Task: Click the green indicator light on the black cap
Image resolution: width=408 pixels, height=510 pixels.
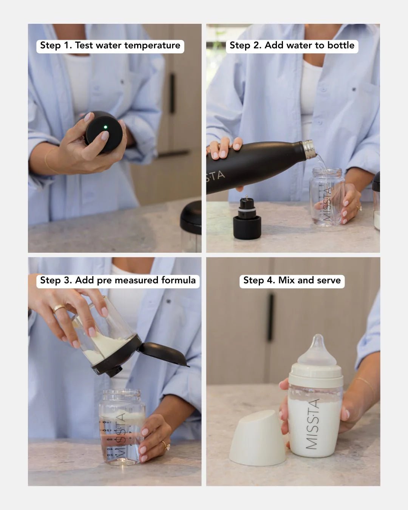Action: (105, 127)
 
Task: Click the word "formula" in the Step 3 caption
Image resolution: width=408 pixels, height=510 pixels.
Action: (179, 280)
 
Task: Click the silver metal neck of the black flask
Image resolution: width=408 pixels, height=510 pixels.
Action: (308, 148)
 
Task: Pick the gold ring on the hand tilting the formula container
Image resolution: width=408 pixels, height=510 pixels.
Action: (59, 308)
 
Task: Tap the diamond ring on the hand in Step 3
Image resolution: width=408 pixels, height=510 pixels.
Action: (165, 446)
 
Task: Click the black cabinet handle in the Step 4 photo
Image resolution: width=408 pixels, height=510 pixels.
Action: (270, 317)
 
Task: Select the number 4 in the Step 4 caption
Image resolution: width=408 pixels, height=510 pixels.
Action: (269, 280)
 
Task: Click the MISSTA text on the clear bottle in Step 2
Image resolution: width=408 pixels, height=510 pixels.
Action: (327, 204)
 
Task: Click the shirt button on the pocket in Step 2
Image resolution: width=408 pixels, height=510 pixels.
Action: (354, 90)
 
